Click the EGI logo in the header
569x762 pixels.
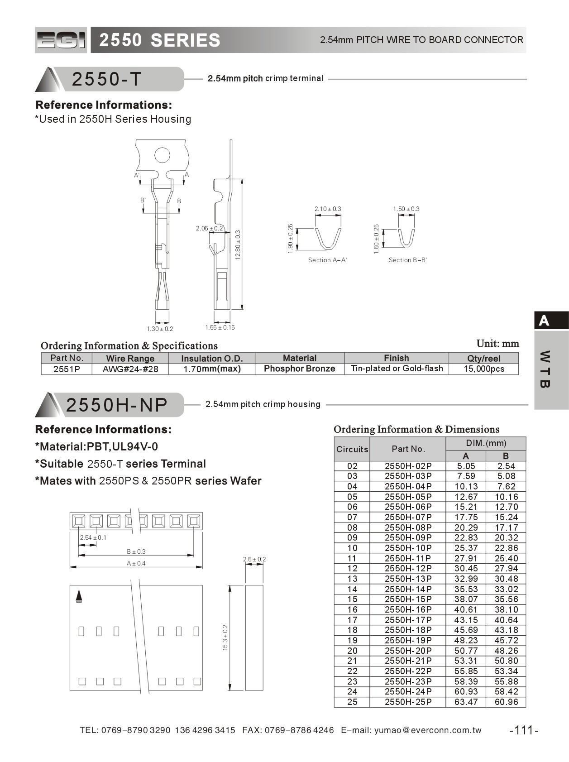click(x=61, y=40)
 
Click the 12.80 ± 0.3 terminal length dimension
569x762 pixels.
click(x=238, y=245)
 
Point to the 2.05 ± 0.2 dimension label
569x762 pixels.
click(x=209, y=228)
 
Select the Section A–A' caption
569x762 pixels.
click(x=327, y=260)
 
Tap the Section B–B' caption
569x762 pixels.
click(x=408, y=260)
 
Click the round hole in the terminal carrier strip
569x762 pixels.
click(x=162, y=155)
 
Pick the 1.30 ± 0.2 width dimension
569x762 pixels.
click(x=160, y=329)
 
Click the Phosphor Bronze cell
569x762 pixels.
click(x=299, y=369)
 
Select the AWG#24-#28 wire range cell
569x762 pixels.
click(x=130, y=369)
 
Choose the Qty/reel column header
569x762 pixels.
click(x=483, y=358)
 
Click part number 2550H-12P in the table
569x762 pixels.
click(x=408, y=568)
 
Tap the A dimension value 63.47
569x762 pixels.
click(x=466, y=702)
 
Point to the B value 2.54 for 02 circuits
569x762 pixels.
click(x=506, y=466)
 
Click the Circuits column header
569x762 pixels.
click(x=352, y=449)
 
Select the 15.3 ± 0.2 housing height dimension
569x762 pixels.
click(x=225, y=637)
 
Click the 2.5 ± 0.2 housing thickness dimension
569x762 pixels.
click(x=254, y=559)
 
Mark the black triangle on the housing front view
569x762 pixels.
click(x=79, y=596)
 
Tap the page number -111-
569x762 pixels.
click(x=524, y=730)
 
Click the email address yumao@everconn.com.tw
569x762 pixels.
click(x=428, y=730)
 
